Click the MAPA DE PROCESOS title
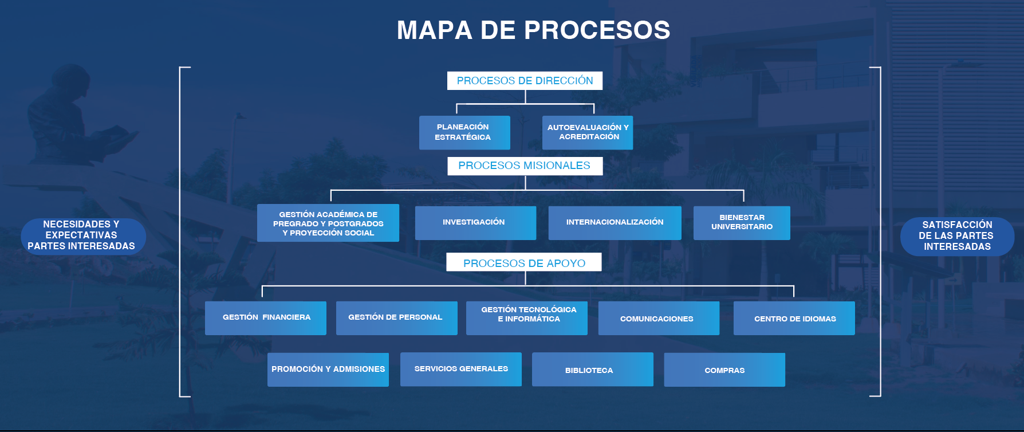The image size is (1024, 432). pos(533,30)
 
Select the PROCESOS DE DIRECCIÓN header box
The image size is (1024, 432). pos(525,81)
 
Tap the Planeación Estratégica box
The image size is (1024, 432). pos(464,132)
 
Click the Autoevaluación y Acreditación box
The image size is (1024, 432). pos(588,132)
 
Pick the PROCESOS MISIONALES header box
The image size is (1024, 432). pos(525,166)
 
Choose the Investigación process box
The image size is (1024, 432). pos(475,223)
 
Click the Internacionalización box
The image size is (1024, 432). pos(615,223)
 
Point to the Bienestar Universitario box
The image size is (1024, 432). pos(742,223)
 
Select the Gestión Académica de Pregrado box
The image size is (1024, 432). pos(328,223)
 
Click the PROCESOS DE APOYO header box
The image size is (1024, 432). pos(524,262)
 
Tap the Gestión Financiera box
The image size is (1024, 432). pos(266,318)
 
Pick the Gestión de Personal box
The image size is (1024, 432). pos(396,318)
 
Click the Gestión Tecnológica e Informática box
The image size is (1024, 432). pos(527,318)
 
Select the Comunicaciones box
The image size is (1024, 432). pos(659,318)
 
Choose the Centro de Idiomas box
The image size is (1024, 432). pos(794,318)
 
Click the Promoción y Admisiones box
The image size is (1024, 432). pos(328,370)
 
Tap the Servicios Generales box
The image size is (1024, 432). pos(461,370)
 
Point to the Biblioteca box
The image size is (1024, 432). pos(593,370)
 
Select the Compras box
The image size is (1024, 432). pos(724,370)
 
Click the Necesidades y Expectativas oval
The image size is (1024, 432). pos(83,235)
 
